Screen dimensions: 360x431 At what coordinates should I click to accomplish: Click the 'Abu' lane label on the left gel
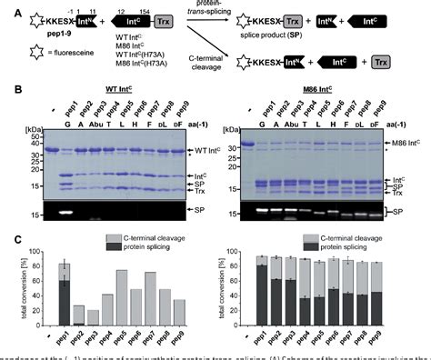coord(95,120)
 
